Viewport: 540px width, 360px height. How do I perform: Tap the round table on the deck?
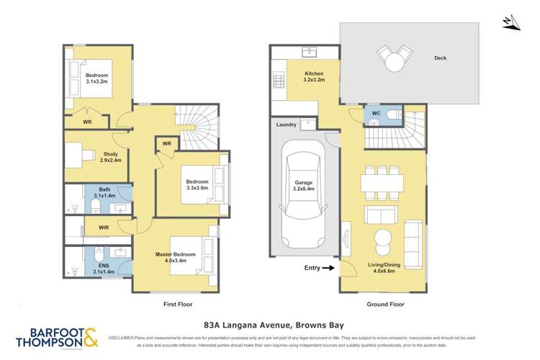click(394, 61)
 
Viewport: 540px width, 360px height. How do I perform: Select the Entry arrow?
click(328, 268)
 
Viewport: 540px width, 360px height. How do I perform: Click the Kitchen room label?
click(313, 73)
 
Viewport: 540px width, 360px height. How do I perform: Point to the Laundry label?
click(286, 125)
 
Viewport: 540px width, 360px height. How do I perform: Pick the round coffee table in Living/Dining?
click(382, 238)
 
